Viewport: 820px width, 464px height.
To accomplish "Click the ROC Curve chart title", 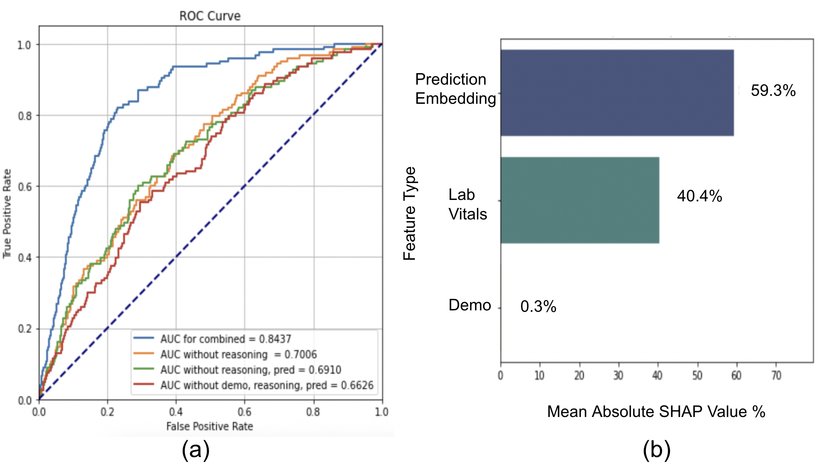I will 210,16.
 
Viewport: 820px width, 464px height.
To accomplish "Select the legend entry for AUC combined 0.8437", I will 225,339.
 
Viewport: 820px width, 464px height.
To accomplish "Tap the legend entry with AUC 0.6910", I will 250,370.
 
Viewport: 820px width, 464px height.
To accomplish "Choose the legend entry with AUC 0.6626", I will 266,385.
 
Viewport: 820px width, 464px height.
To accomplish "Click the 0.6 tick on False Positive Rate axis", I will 244,412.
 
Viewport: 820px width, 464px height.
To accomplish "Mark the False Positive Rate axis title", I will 210,426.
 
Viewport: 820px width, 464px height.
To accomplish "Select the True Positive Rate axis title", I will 7,214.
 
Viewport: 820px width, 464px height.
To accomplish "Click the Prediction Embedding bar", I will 617,93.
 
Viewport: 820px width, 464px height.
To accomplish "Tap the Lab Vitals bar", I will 580,200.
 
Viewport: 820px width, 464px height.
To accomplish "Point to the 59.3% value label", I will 773,91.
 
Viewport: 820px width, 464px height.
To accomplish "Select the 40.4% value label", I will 699,196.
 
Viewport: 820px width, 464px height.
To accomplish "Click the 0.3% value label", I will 538,307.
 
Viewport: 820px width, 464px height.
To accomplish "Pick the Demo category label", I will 470,305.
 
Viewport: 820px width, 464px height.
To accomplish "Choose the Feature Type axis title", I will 410,213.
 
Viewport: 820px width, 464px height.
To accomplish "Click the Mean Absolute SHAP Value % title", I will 656,412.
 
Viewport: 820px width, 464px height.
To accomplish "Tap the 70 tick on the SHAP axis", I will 776,376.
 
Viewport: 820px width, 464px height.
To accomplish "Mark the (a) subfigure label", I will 196,449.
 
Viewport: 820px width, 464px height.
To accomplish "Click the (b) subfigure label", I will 656,449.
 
